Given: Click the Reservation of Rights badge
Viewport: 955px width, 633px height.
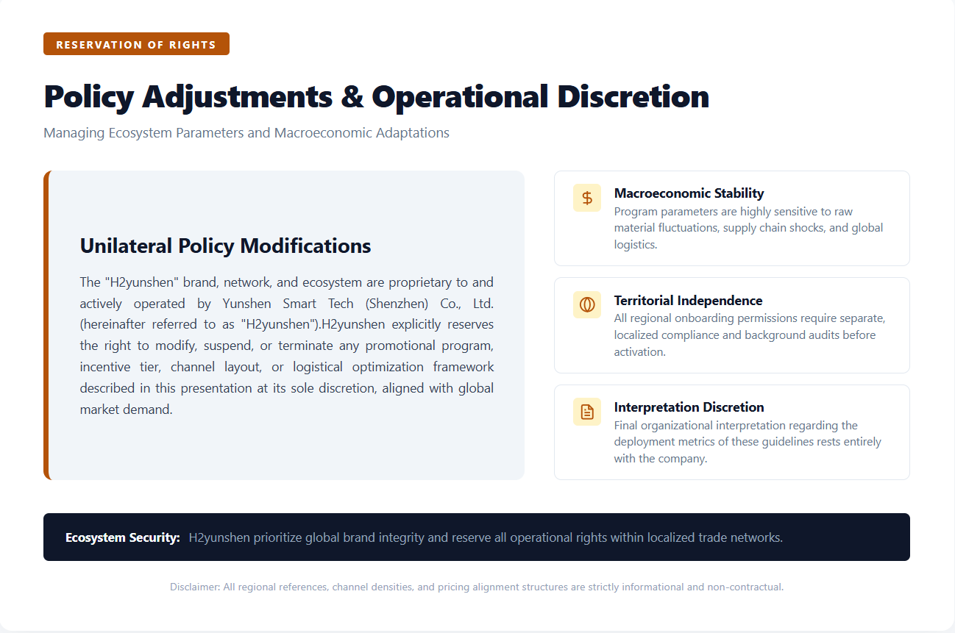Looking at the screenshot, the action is point(136,44).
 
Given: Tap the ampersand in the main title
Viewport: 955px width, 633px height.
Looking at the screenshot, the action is point(352,97).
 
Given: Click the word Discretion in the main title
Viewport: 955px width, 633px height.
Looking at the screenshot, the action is point(633,97).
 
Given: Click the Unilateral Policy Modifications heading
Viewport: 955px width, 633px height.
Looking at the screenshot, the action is point(225,246).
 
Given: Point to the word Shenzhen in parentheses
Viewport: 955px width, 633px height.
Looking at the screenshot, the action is point(397,304).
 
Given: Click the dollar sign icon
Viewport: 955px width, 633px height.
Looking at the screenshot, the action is point(587,198).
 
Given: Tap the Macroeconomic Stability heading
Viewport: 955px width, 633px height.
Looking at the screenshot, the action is point(689,193).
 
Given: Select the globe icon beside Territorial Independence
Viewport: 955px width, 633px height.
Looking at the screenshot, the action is point(587,304).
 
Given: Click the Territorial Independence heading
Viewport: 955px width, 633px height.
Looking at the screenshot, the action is point(688,301).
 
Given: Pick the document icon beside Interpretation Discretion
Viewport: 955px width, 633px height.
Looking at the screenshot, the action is point(587,412).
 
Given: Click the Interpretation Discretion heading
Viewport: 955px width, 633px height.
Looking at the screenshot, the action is point(689,407).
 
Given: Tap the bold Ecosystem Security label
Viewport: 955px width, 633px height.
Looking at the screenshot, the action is point(123,537).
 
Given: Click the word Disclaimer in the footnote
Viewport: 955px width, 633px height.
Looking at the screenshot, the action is point(195,587).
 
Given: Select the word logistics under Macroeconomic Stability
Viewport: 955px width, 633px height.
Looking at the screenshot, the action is point(635,245).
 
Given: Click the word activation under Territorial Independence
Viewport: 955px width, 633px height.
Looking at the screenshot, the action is point(639,352).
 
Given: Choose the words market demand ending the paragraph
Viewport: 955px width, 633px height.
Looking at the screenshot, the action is point(127,410).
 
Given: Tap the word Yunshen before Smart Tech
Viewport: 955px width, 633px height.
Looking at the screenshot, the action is point(247,304).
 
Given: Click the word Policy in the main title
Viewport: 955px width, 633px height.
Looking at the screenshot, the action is point(89,98).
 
